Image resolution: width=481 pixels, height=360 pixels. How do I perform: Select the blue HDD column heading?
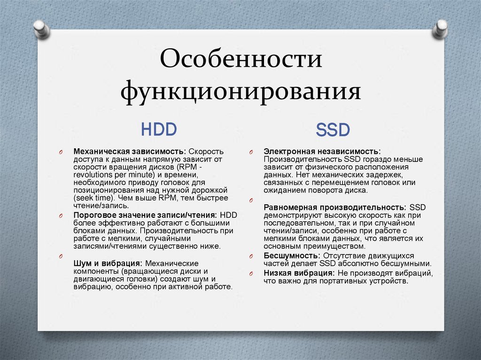point(159,129)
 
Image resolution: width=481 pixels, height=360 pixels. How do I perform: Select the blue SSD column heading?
point(333,130)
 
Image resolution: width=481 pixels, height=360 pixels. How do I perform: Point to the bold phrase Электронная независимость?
point(322,152)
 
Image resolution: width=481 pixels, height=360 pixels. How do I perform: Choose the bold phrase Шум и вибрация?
point(108,264)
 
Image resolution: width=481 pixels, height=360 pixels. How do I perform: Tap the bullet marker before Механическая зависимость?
point(61,153)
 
